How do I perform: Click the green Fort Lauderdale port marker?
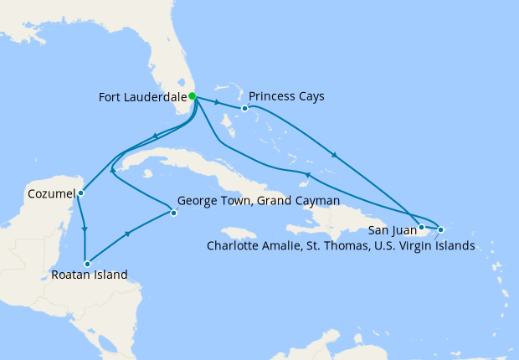[193, 96]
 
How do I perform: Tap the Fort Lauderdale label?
[142, 96]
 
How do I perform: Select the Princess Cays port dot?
[244, 108]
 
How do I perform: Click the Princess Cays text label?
[286, 96]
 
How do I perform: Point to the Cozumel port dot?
[80, 193]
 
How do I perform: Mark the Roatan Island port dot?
[87, 264]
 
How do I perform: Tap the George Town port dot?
[173, 213]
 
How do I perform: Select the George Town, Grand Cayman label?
[258, 202]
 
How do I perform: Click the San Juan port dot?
[422, 227]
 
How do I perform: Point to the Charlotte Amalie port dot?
[440, 229]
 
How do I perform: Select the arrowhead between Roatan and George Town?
[128, 235]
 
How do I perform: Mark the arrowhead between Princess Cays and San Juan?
[335, 155]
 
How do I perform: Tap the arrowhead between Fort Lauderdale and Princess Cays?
[218, 103]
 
